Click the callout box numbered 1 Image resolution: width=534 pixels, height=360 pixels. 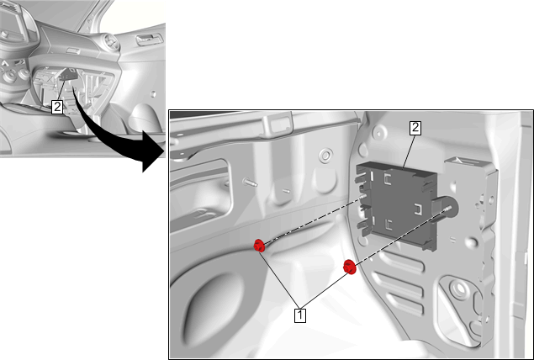point(300,315)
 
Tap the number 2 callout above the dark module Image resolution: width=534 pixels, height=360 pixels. point(415,128)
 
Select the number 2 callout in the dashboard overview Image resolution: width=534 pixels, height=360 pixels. point(57,107)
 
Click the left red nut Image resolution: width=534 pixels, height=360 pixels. point(259,246)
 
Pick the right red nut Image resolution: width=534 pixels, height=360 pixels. point(350,267)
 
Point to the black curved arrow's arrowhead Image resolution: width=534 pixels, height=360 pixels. point(153,151)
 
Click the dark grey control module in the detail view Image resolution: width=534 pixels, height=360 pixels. point(399,204)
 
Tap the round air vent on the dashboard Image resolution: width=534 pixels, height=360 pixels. point(111,43)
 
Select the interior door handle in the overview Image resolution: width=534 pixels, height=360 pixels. point(150,40)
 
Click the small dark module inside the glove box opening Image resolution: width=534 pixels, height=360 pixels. point(69,74)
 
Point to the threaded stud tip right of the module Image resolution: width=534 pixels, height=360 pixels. point(448,208)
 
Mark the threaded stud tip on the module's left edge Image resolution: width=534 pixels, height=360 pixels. point(362,197)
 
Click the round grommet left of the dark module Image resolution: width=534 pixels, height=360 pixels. point(325,155)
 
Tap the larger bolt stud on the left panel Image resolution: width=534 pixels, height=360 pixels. point(250,183)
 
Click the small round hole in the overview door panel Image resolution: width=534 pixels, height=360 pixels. point(153,93)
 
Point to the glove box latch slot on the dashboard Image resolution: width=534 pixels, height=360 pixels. point(73,51)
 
